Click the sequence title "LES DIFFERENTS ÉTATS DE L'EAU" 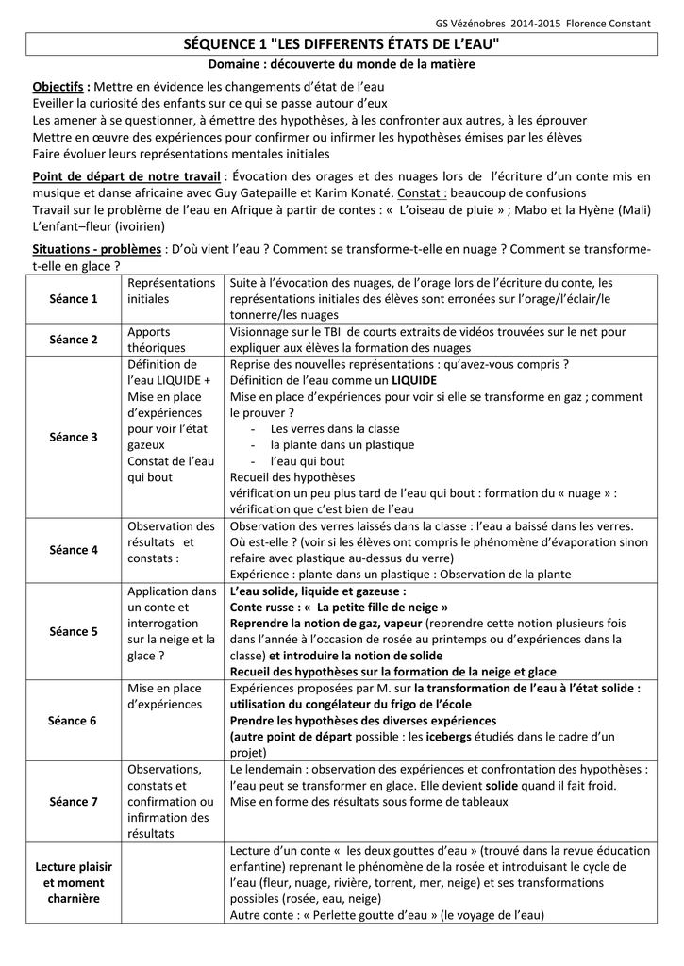pos(342,44)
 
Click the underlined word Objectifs pos(60,87)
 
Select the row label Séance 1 pos(74,299)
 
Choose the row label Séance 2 pos(74,340)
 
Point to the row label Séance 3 pos(74,437)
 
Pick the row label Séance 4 pos(74,550)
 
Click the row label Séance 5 pos(74,631)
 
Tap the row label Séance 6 pos(74,721)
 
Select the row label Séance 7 pos(74,802)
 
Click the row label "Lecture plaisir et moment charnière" pos(74,883)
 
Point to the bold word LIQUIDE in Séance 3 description pos(388,380)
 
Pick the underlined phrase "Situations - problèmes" pos(97,250)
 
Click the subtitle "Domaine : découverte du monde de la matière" pos(342,64)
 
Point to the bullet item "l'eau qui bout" pos(308,461)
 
